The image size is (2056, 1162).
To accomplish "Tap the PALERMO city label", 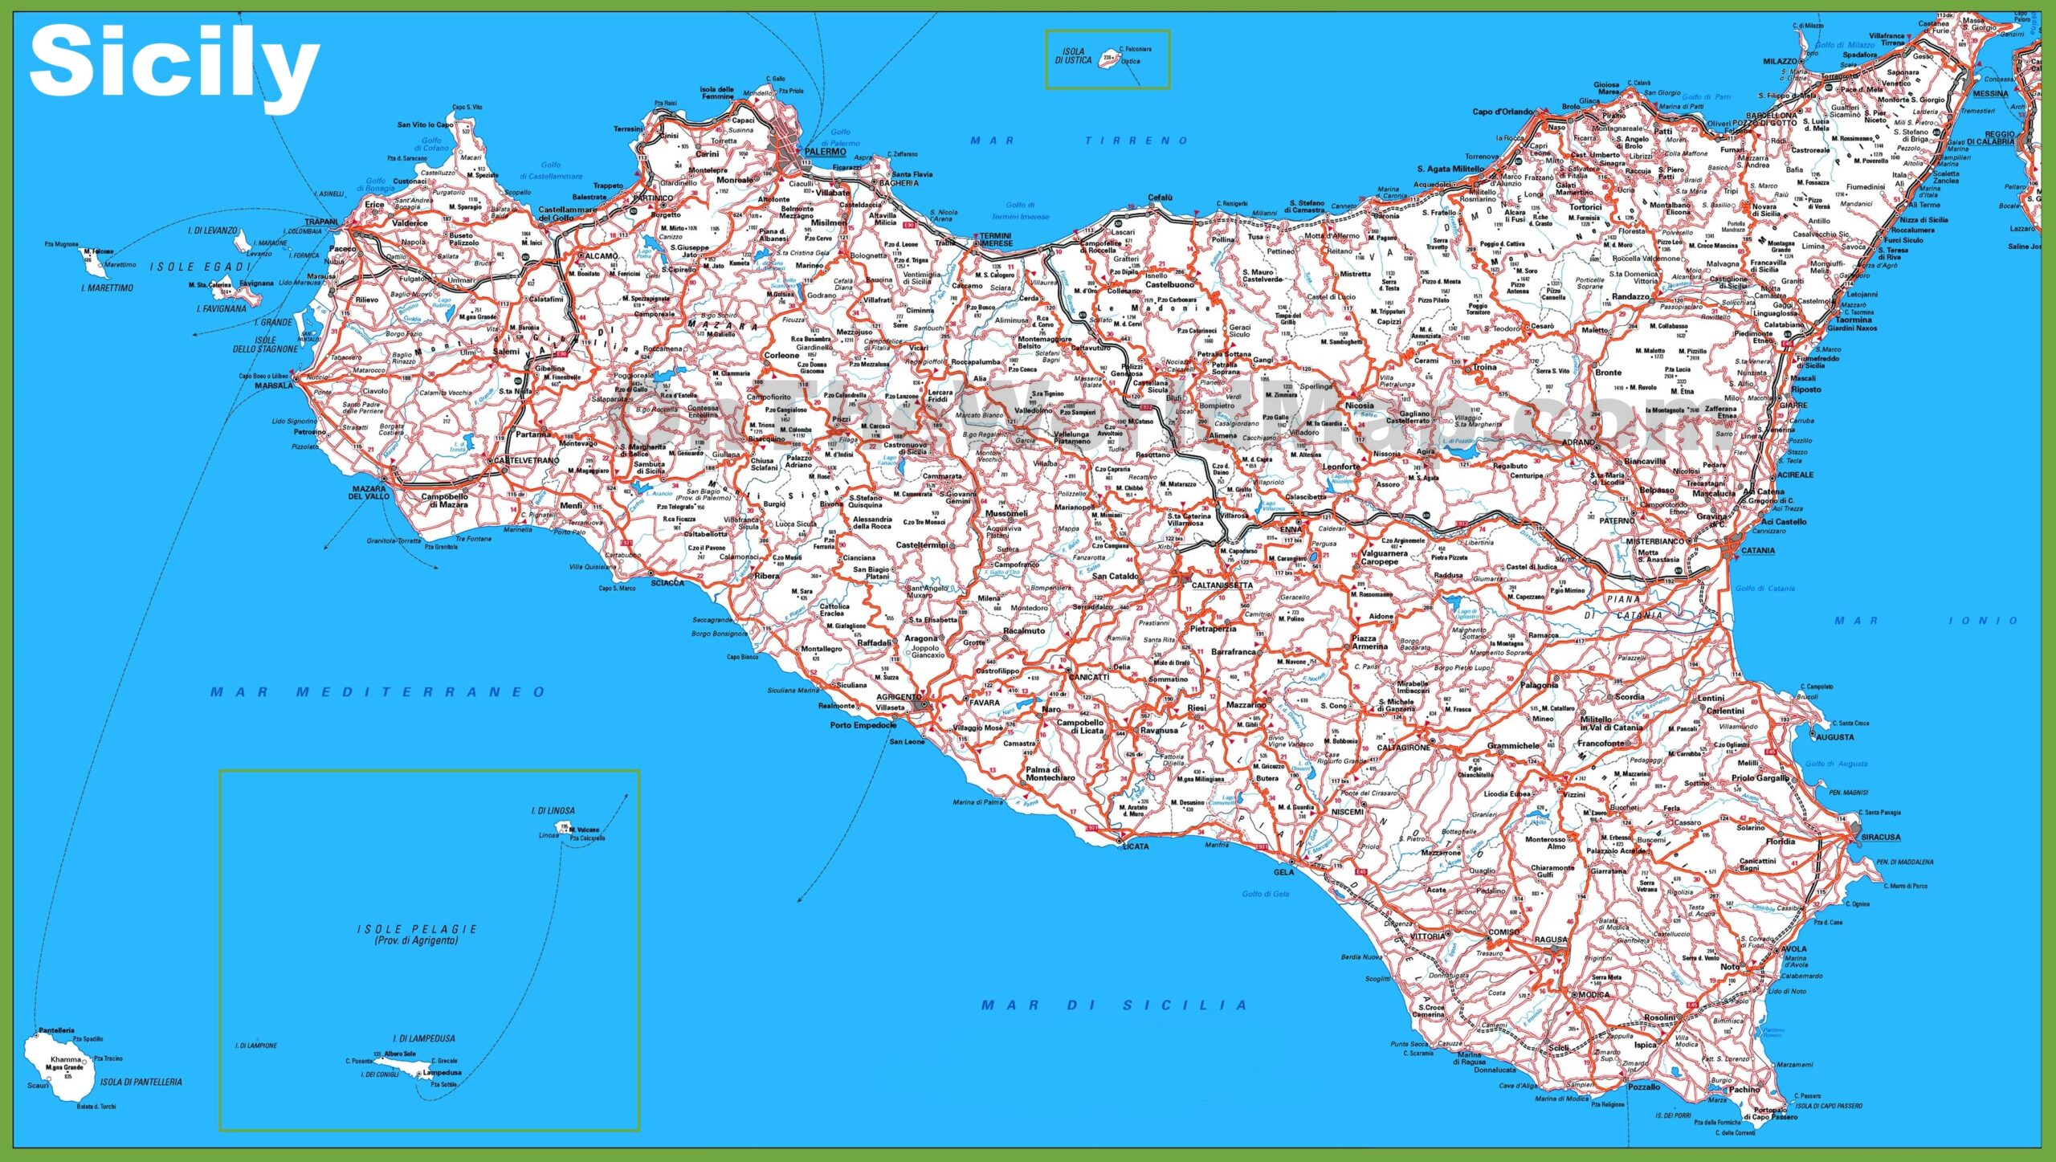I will pos(825,152).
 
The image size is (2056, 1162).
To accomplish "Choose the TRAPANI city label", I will pos(321,222).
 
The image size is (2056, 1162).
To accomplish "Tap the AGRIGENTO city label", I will pos(898,697).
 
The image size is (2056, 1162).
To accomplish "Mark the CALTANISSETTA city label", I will pos(1222,585).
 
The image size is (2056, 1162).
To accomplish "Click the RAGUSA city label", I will pos(1550,939).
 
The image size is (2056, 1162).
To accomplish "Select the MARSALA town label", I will pos(274,385).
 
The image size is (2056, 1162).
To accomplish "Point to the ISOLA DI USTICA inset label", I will pos(1073,55).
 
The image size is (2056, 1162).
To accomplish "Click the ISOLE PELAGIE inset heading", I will pos(417,929).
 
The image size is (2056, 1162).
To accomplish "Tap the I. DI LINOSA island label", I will pos(553,811).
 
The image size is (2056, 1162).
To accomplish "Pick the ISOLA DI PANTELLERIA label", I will pos(141,1082).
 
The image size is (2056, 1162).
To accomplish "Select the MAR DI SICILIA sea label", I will pos(1114,1005).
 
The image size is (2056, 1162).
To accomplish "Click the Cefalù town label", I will pos(1160,198).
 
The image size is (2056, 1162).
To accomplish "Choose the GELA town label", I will pos(1283,872).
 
